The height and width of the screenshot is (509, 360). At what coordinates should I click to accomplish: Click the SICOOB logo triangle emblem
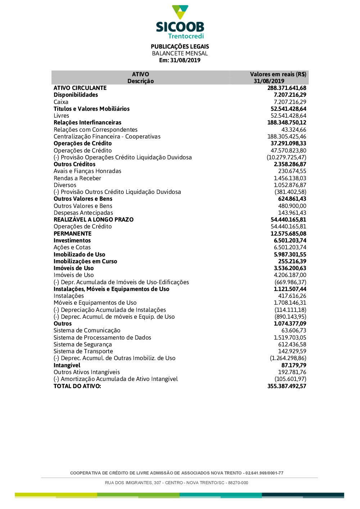180,12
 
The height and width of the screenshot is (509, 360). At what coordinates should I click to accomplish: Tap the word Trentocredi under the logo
186,36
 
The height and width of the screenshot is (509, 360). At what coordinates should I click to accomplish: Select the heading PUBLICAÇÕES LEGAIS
180,46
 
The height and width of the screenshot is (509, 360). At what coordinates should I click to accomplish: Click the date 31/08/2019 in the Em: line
185,60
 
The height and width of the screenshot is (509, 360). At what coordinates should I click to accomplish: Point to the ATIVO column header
140,74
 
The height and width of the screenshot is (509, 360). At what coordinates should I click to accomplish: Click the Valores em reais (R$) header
278,74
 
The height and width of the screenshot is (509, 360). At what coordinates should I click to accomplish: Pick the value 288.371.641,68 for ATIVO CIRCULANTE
287,88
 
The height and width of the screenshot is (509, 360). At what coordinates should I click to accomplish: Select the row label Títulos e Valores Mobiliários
91,109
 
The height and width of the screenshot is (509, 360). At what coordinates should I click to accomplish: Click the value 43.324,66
294,130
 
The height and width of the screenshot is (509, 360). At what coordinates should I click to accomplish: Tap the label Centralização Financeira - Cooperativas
107,137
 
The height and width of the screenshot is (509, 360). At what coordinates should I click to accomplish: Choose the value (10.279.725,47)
286,158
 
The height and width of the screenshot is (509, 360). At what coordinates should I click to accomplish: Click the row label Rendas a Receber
77,178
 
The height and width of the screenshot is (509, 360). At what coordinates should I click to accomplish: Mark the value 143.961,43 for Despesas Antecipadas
292,213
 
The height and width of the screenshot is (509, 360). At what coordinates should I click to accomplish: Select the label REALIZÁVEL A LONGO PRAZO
94,220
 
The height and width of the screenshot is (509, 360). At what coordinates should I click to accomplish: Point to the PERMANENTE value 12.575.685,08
288,234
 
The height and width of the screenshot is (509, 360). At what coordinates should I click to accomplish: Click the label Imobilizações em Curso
85,262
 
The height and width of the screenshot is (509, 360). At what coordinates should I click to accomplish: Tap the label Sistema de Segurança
83,345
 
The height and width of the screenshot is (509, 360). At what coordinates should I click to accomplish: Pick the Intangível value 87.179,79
294,365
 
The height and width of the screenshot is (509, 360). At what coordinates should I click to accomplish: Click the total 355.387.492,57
287,386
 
